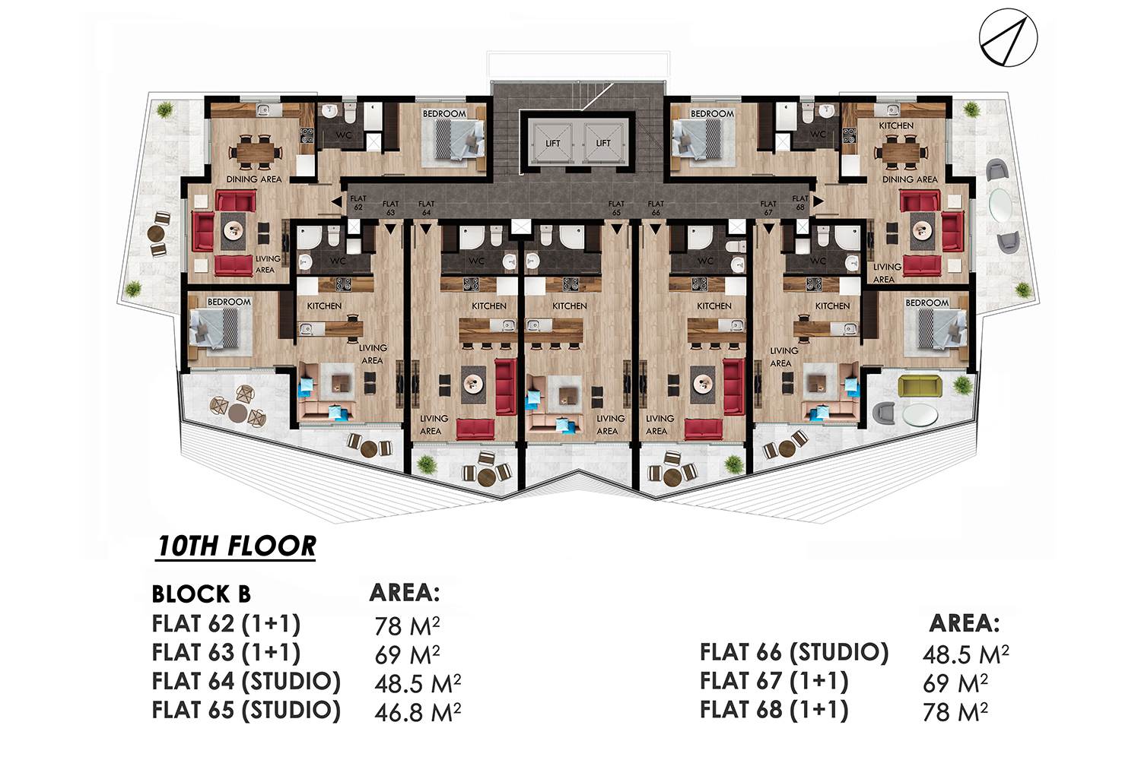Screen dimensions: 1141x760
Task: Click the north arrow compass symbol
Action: pos(1008,38)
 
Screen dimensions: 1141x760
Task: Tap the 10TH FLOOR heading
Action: pos(237,546)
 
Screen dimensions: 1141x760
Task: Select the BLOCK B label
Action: pos(202,594)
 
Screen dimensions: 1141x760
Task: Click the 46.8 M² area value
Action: pos(417,711)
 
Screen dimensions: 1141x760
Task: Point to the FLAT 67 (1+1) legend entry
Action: pos(774,681)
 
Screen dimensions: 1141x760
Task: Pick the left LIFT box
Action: pos(552,143)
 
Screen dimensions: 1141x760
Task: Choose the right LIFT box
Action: pos(603,143)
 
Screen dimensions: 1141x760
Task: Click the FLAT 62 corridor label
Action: pos(358,203)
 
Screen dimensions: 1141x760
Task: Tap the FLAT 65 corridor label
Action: pos(616,208)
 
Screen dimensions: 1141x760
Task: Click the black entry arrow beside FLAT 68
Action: pos(818,201)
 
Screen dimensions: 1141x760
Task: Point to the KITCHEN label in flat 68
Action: pos(896,125)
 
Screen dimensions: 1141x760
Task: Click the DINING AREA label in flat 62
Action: pos(253,179)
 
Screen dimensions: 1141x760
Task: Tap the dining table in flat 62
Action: pos(255,151)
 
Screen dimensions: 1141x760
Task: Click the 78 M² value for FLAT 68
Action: pos(955,711)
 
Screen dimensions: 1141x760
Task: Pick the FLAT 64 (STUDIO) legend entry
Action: pos(246,681)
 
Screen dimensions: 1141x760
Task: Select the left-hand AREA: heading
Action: pos(405,592)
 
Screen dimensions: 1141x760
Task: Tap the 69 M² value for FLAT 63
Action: pos(406,654)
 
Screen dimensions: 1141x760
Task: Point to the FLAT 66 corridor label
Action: pos(656,208)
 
